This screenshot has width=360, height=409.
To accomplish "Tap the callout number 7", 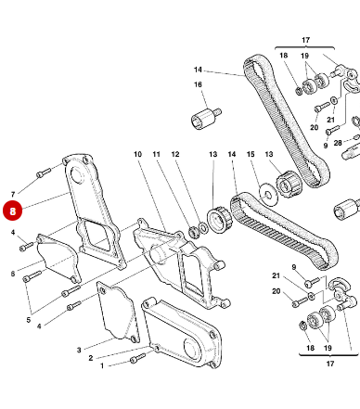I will (13, 194).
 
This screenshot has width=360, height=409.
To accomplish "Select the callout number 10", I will (137, 153).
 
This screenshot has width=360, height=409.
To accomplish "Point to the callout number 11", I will (157, 153).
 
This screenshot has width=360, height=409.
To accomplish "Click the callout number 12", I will (174, 153).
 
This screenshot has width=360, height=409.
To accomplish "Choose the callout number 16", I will (198, 85).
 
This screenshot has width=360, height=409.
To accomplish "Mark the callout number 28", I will (338, 143).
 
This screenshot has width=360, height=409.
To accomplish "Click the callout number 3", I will (79, 350).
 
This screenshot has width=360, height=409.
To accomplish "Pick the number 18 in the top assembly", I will (285, 57).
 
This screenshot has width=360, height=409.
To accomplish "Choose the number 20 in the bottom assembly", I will (276, 291).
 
